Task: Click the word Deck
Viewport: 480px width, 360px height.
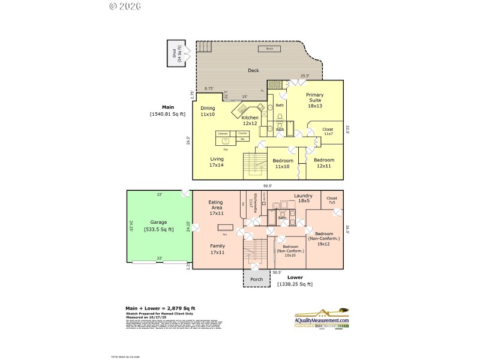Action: click(x=253, y=71)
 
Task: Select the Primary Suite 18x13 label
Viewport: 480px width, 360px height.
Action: click(x=314, y=100)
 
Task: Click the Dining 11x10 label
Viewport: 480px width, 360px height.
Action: click(x=208, y=111)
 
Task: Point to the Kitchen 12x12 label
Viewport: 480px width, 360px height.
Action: click(x=250, y=120)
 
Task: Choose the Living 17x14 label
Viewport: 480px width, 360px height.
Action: click(x=216, y=162)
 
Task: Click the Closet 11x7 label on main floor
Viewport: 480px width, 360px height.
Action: click(x=328, y=131)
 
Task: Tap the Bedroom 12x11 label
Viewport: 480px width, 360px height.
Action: click(x=324, y=163)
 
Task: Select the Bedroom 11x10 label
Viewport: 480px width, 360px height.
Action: click(x=283, y=164)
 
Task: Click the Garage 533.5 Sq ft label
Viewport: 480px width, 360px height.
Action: click(x=158, y=226)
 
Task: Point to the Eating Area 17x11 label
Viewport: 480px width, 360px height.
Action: click(x=215, y=208)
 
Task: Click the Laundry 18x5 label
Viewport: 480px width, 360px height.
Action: click(x=304, y=199)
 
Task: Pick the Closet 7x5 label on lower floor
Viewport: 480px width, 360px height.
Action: click(x=332, y=200)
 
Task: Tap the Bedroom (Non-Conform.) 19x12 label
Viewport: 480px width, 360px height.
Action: click(x=324, y=238)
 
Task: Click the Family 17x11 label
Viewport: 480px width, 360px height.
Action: click(x=217, y=249)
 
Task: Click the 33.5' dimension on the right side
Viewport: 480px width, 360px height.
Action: click(x=347, y=130)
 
